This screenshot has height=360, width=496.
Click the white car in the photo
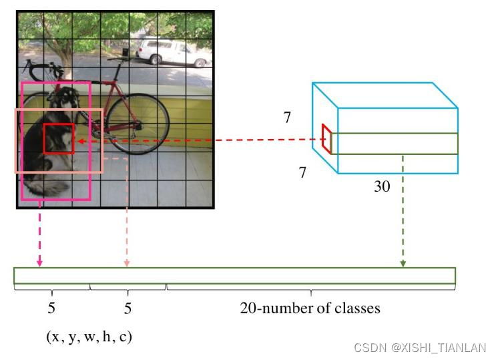[x=172, y=51]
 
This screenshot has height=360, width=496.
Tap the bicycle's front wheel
[x=137, y=124]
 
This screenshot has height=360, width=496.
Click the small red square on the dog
[x=59, y=139]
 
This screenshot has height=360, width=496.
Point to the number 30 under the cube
[x=382, y=187]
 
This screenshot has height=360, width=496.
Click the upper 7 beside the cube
[x=287, y=118]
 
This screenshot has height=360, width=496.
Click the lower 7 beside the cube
[x=302, y=173]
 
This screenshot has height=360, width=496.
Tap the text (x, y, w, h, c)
[x=89, y=337]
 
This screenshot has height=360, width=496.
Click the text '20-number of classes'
[x=310, y=309]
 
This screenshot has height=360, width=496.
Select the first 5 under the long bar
[x=51, y=309]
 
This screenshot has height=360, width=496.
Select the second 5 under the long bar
[x=128, y=309]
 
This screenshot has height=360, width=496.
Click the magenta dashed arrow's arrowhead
[x=39, y=262]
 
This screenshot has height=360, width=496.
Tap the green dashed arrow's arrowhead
[x=403, y=262]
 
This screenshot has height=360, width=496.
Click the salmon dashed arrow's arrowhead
[x=127, y=262]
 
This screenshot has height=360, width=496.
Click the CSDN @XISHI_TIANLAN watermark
[x=420, y=348]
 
